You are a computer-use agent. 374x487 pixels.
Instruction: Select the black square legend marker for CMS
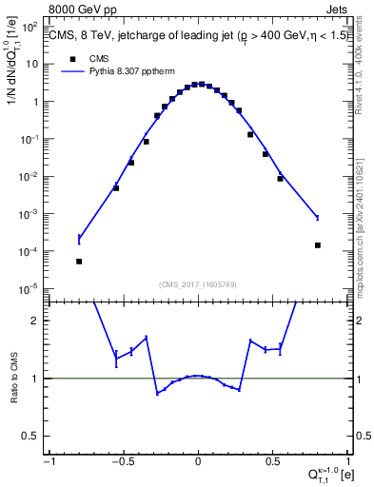(72, 58)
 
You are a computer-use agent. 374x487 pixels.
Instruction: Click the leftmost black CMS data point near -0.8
(79, 261)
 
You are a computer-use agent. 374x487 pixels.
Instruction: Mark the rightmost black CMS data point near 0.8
(317, 244)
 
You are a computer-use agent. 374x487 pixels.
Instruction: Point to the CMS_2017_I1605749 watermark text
(198, 284)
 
